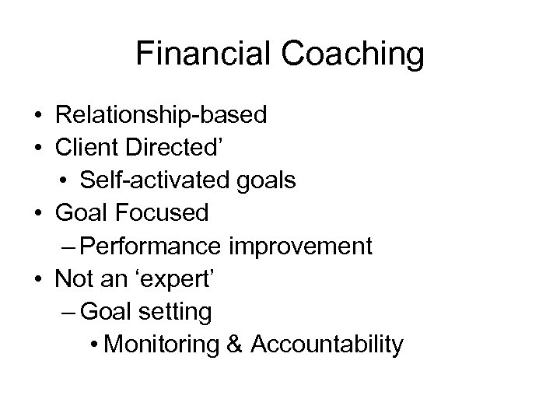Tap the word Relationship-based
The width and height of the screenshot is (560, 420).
click(x=161, y=116)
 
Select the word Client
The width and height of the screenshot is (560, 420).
click(x=88, y=148)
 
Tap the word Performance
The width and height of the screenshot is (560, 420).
click(x=150, y=246)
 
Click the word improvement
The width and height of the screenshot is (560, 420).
click(x=300, y=246)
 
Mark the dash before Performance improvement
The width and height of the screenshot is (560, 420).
click(x=68, y=247)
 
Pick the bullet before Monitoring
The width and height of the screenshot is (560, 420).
click(x=94, y=345)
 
